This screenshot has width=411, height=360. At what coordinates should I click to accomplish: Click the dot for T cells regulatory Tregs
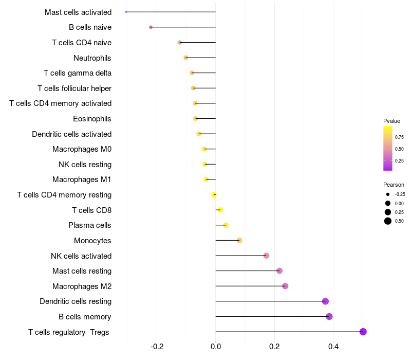[363, 332]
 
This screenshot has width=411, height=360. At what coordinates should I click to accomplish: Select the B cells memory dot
[329, 316]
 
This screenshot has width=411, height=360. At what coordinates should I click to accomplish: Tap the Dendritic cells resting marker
[325, 301]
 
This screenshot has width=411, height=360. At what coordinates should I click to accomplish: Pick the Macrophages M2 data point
[285, 286]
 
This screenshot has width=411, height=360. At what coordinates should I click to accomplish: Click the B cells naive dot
[151, 27]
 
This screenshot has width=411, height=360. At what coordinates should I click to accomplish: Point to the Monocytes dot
[239, 240]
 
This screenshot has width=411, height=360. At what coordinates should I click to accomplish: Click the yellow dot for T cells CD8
[220, 210]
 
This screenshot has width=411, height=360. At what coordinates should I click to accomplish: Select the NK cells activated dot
[266, 256]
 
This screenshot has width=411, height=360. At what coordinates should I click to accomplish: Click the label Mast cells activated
[78, 12]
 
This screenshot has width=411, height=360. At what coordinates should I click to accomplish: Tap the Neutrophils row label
[92, 58]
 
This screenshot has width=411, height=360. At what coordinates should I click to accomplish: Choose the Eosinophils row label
[92, 119]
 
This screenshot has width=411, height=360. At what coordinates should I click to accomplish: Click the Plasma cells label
[90, 225]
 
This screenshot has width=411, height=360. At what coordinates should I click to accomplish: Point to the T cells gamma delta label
[78, 73]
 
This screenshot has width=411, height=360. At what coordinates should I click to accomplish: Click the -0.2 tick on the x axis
[157, 346]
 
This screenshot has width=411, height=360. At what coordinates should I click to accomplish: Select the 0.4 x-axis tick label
[333, 346]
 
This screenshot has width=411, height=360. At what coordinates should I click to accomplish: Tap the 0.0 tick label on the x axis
[216, 346]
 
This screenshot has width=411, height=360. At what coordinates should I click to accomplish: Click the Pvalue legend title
[391, 121]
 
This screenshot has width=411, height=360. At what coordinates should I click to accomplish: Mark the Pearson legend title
[394, 185]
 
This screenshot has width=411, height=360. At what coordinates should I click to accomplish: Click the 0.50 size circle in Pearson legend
[387, 221]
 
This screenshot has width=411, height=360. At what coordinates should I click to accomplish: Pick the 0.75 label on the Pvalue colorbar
[399, 137]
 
